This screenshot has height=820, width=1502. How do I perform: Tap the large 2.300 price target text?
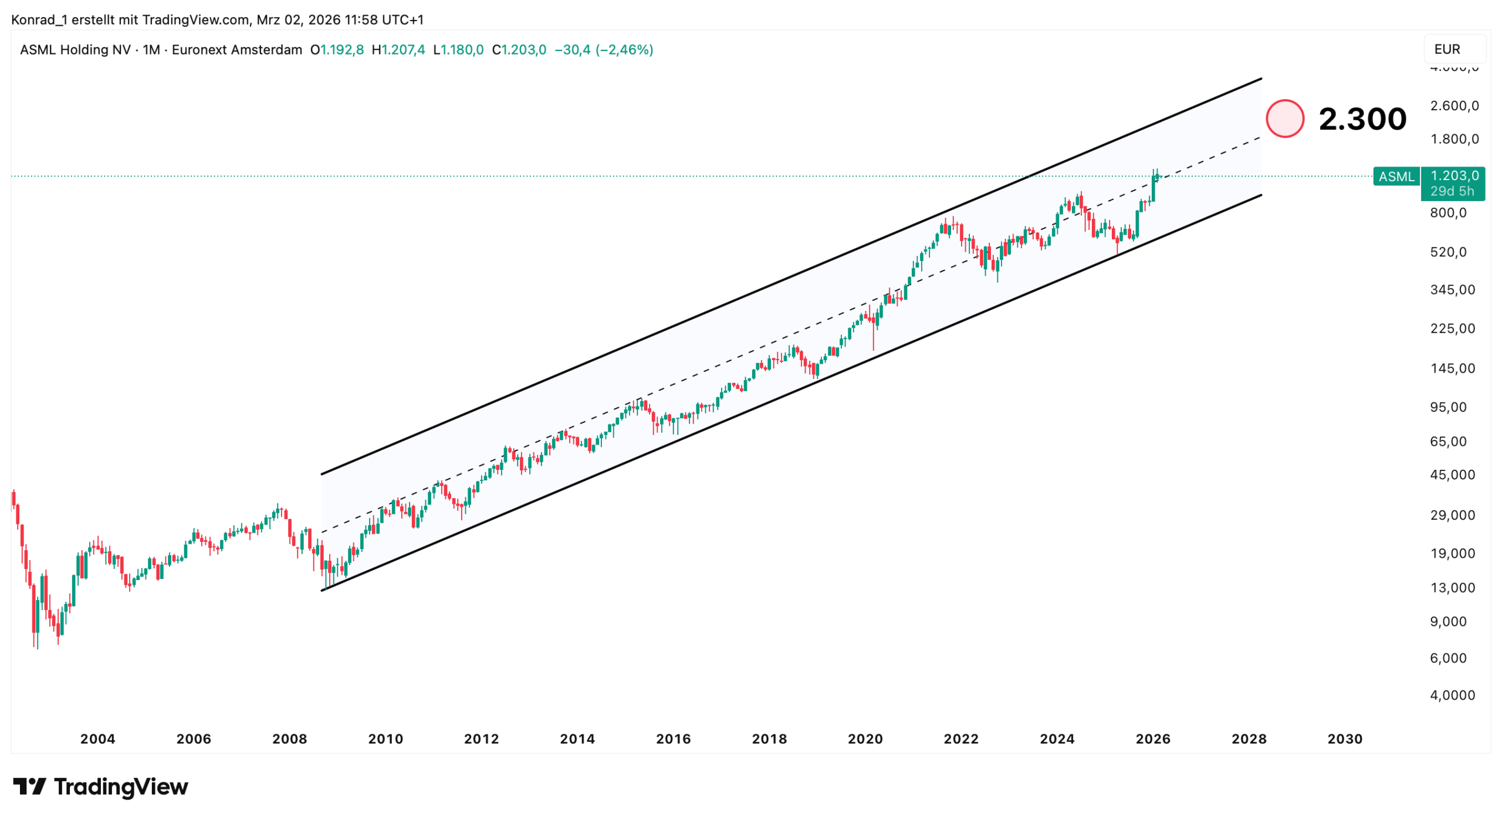click(x=1362, y=119)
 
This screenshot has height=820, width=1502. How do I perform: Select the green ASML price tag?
click(x=1396, y=177)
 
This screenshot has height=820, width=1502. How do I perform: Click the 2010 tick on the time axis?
click(x=385, y=739)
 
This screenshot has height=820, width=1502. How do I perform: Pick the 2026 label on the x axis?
click(x=1153, y=739)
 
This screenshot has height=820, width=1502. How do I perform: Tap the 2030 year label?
click(x=1345, y=739)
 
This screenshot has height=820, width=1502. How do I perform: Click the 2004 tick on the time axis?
click(x=97, y=739)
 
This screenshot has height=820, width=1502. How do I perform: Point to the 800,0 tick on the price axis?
click(x=1448, y=213)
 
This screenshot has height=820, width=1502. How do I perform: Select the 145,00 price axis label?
click(x=1452, y=368)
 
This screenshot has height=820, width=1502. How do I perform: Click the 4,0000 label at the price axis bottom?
click(x=1452, y=696)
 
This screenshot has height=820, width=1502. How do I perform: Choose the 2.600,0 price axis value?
click(x=1454, y=106)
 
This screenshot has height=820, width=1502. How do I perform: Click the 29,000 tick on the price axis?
click(x=1452, y=516)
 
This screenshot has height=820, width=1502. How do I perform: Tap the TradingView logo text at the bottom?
click(x=120, y=787)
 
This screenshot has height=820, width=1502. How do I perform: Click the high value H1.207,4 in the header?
click(x=398, y=50)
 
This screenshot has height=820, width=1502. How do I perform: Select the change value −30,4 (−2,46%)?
click(x=604, y=50)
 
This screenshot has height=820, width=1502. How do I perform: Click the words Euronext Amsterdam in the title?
click(x=237, y=50)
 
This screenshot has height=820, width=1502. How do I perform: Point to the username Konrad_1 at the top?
click(x=39, y=20)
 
